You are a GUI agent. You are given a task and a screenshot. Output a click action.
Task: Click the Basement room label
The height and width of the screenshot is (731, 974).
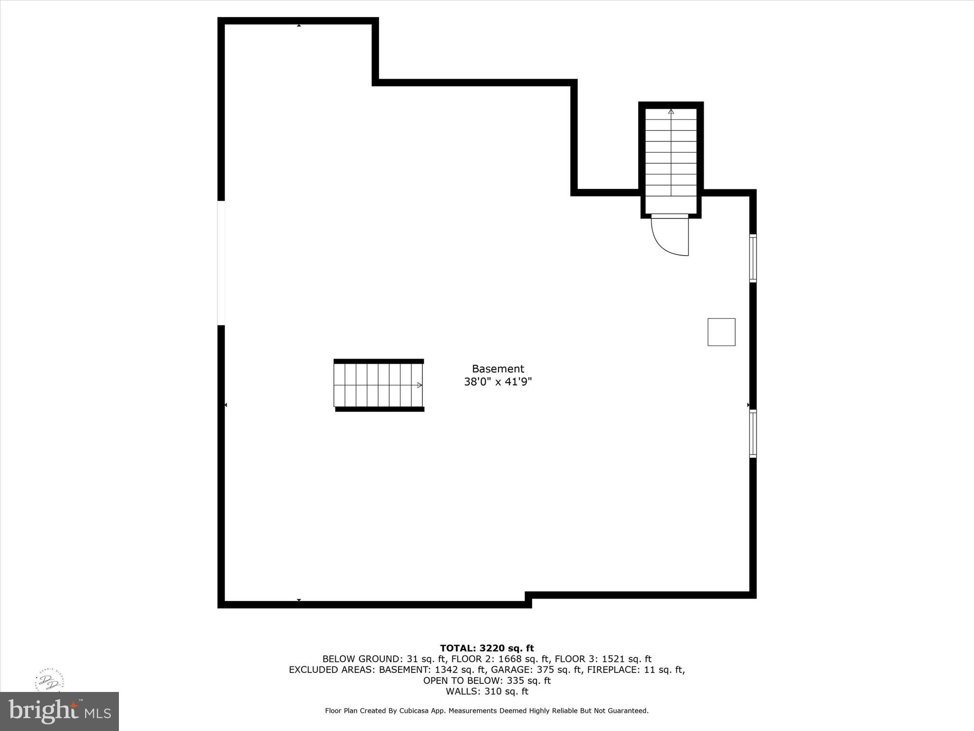497,369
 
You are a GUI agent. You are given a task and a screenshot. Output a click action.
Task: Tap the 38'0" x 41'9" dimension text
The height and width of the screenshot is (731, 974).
497,382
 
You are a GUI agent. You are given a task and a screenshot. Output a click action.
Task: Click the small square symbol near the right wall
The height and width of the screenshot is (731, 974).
721,332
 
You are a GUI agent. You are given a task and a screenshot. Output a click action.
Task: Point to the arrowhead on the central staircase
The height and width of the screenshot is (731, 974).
419,385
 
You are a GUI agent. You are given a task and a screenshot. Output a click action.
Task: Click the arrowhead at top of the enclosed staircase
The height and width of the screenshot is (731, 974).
671,111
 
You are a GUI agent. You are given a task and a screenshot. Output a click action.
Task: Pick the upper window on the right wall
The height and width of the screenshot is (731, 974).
753,258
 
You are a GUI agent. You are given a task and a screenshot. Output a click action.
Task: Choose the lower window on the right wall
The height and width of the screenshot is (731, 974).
753,434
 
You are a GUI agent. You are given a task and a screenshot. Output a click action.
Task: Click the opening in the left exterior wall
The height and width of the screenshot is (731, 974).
221,263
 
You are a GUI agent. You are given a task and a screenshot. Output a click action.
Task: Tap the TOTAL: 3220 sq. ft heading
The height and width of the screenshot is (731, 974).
487,648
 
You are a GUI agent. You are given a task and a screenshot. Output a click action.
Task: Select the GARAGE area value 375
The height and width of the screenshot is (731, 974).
545,670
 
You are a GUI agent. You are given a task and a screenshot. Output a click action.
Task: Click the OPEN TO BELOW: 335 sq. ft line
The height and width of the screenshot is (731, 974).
487,681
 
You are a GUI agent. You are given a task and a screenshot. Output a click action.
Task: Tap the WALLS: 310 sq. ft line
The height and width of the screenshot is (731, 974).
487,691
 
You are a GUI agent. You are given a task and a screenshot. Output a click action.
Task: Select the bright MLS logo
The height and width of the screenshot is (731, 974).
59,711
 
